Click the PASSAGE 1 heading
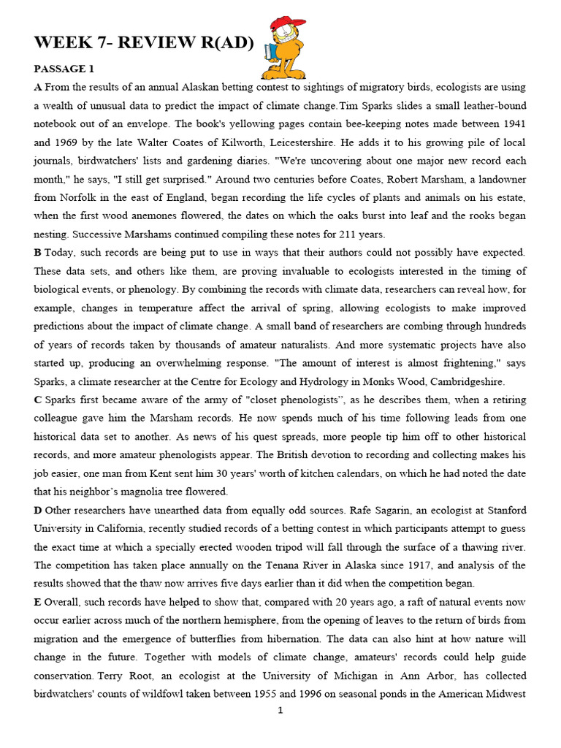click(x=64, y=69)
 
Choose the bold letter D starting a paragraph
click(x=38, y=509)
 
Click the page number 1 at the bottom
click(x=280, y=710)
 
